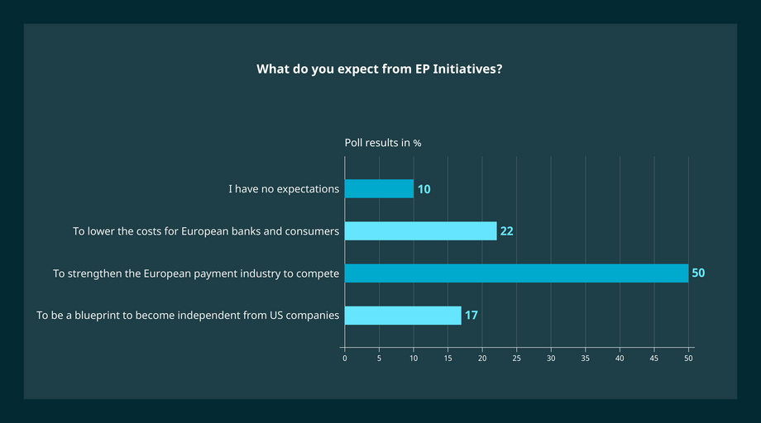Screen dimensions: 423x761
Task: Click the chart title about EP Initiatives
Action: coord(380,69)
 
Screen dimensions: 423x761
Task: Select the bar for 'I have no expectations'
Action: coord(379,189)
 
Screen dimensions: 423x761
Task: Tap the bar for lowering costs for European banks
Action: coord(420,231)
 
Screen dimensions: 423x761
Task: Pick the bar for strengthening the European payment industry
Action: coord(516,273)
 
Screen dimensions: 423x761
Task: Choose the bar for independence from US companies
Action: coord(403,316)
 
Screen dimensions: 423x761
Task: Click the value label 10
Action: coord(424,189)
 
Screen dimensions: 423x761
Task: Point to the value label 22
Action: coord(507,231)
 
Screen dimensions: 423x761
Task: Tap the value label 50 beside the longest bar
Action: coord(698,273)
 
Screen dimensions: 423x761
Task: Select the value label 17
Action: coord(471,316)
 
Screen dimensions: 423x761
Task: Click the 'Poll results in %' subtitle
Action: coord(383,143)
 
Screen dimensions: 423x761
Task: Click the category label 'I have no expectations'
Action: coord(284,189)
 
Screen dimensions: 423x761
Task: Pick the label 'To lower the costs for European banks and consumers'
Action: coord(206,231)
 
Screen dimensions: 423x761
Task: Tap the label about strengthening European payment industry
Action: coord(196,273)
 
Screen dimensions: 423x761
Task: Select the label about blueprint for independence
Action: coord(188,316)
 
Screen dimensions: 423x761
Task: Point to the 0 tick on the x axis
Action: coord(345,359)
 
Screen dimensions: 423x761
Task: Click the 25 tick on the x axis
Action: coord(517,359)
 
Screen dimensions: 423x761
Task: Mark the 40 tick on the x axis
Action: coord(620,359)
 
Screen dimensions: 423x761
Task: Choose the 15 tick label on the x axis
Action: coord(448,359)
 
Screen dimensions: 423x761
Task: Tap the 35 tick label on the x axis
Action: coord(586,359)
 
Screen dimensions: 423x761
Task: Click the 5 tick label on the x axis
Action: coord(379,359)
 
